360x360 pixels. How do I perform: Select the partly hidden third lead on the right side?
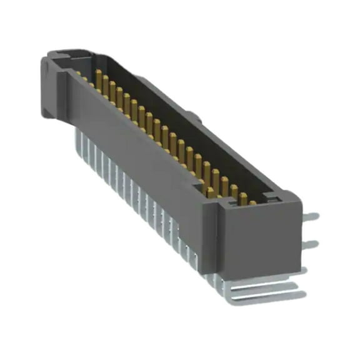(x=305, y=269)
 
